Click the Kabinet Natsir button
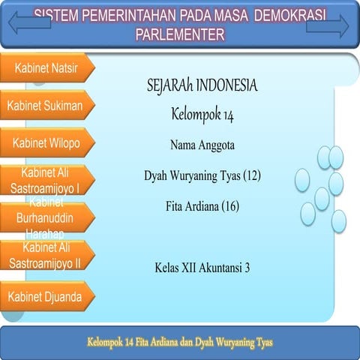46,67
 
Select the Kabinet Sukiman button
46,105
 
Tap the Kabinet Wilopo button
46,142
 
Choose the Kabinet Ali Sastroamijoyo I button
46,180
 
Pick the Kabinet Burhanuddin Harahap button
46,217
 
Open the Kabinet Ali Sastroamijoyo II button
46,255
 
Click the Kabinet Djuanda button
46,295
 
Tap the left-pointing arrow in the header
28,22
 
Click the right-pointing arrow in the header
328,26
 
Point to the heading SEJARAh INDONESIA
202,86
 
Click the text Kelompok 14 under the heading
202,114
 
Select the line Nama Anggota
202,145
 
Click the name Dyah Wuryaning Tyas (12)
202,175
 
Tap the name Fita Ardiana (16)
202,205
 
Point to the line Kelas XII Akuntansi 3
202,266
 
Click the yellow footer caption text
179,342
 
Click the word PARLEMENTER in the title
180,34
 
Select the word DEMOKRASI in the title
284,15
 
